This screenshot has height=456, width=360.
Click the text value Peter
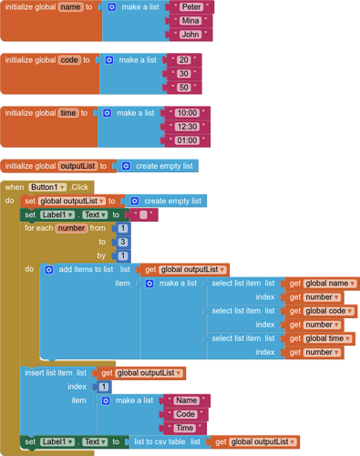(190, 7)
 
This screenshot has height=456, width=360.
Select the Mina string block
(190, 21)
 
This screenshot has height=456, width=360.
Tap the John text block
(190, 35)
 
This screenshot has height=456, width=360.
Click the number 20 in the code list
(183, 60)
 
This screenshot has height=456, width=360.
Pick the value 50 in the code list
(183, 88)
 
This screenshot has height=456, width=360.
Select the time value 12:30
(187, 127)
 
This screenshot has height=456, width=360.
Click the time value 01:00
(187, 140)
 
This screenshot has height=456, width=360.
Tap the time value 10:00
(187, 113)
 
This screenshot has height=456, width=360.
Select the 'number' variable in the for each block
(72, 228)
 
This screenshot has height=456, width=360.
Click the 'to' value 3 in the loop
(122, 242)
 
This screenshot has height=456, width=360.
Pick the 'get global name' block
(322, 284)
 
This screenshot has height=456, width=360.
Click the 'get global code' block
(322, 311)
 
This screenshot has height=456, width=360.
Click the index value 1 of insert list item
(104, 387)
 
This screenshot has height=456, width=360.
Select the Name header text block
(187, 400)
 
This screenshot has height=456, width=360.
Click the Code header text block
(186, 414)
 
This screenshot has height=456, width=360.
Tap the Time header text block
(185, 428)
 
